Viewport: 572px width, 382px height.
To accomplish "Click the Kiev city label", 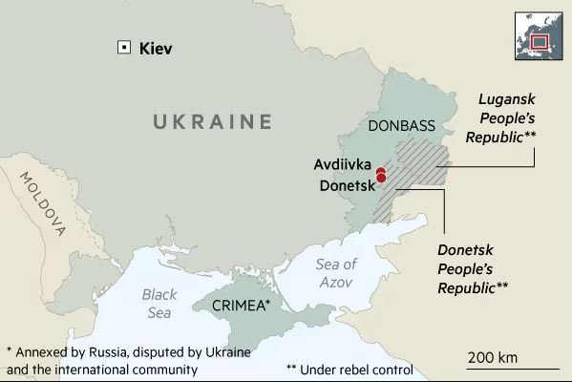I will (x=158, y=48).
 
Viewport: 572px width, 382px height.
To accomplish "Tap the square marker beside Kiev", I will (x=122, y=48).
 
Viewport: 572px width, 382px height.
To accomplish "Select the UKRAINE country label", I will (x=213, y=121).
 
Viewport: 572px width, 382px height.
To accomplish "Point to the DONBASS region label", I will (x=401, y=127).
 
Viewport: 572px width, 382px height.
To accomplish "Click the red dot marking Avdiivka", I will (x=380, y=171).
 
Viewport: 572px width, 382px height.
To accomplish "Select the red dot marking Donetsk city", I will (x=381, y=178).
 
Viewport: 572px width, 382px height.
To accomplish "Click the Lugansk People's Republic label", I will (x=500, y=118).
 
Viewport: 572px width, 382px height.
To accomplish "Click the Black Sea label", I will (x=159, y=303).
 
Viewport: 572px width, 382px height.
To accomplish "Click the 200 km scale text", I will (x=492, y=357).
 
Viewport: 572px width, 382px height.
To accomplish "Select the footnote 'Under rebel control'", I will (x=350, y=369).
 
